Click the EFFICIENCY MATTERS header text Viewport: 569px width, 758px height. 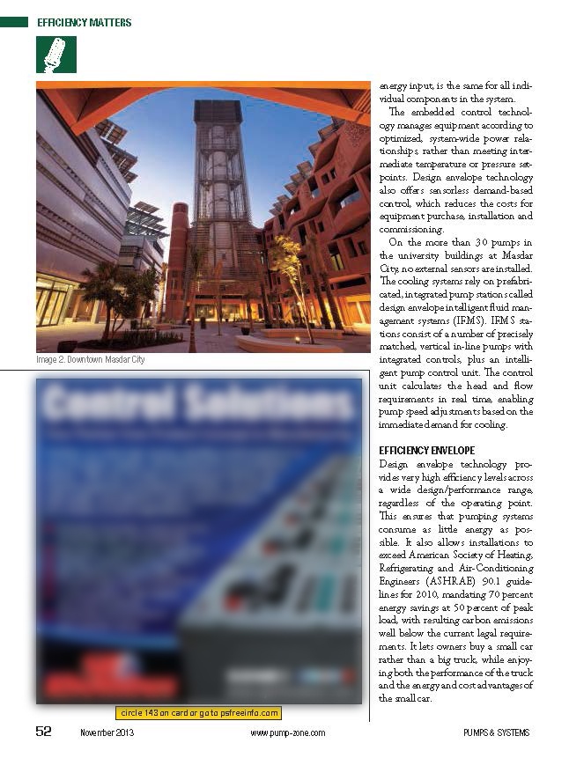click(84, 22)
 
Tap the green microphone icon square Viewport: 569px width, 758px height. click(55, 55)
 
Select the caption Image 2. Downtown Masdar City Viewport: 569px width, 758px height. click(90, 360)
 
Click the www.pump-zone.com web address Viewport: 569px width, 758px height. click(287, 733)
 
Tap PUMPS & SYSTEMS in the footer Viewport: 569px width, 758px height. click(496, 733)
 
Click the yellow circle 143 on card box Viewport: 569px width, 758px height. click(199, 713)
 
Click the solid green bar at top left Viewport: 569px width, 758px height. click(14, 22)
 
